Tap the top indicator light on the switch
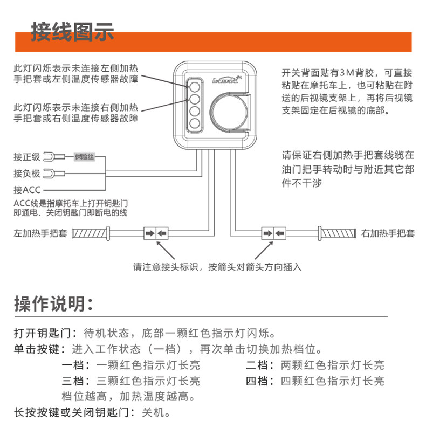(x=195, y=85)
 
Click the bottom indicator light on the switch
(x=195, y=123)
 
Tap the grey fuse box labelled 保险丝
(x=84, y=157)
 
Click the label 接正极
(x=27, y=157)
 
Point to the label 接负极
(x=27, y=174)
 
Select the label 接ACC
(x=27, y=190)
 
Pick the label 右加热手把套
(x=388, y=234)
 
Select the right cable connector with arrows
(x=274, y=234)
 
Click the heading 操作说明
(x=54, y=303)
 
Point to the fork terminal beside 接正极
(x=52, y=157)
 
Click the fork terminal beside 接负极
(x=52, y=174)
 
